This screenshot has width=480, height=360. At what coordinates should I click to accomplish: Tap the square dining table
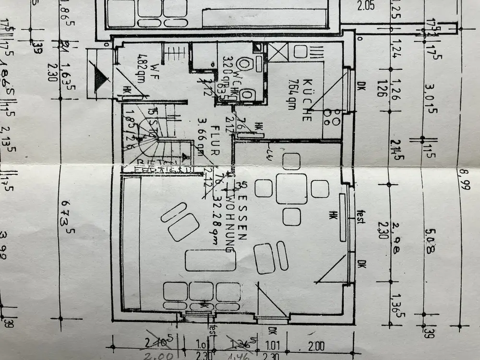[x=291, y=189]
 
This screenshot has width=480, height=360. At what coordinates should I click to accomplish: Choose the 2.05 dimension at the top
[x=365, y=6]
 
